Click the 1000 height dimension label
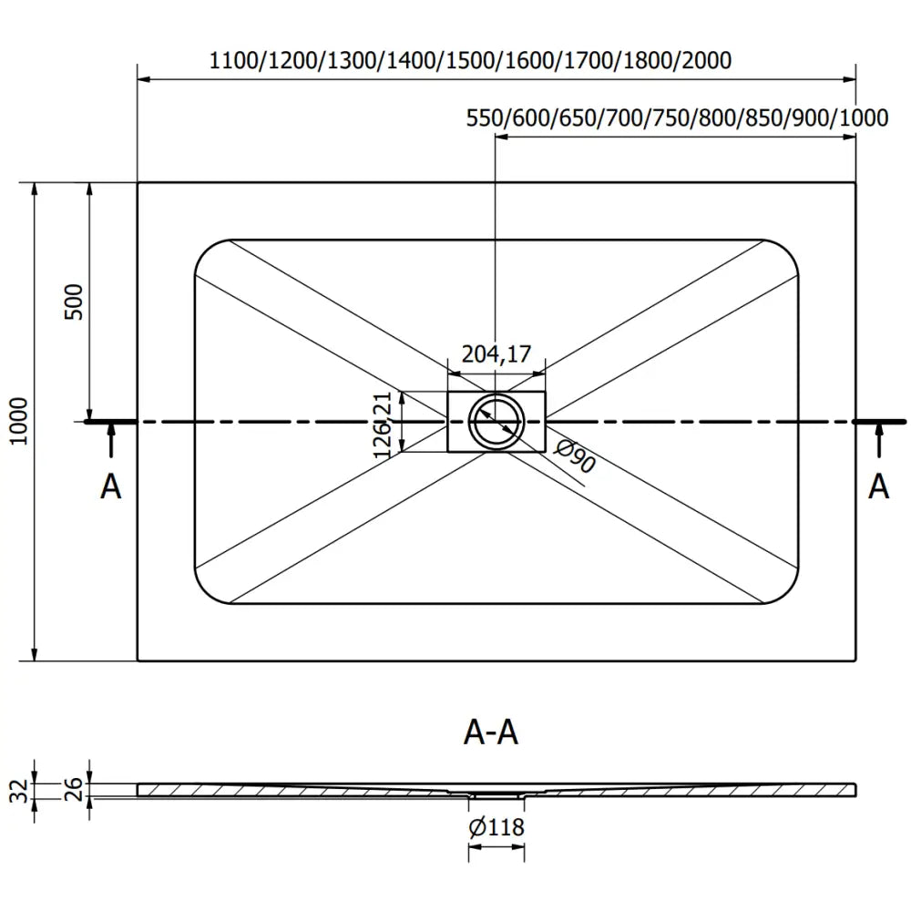click(x=20, y=421)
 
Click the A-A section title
click(x=491, y=732)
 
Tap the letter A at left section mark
click(x=110, y=486)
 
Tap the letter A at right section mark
click(x=878, y=486)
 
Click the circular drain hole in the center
click(x=496, y=422)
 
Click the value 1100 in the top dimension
click(x=233, y=61)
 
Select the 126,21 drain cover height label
click(x=383, y=424)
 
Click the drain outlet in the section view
click(x=496, y=794)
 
